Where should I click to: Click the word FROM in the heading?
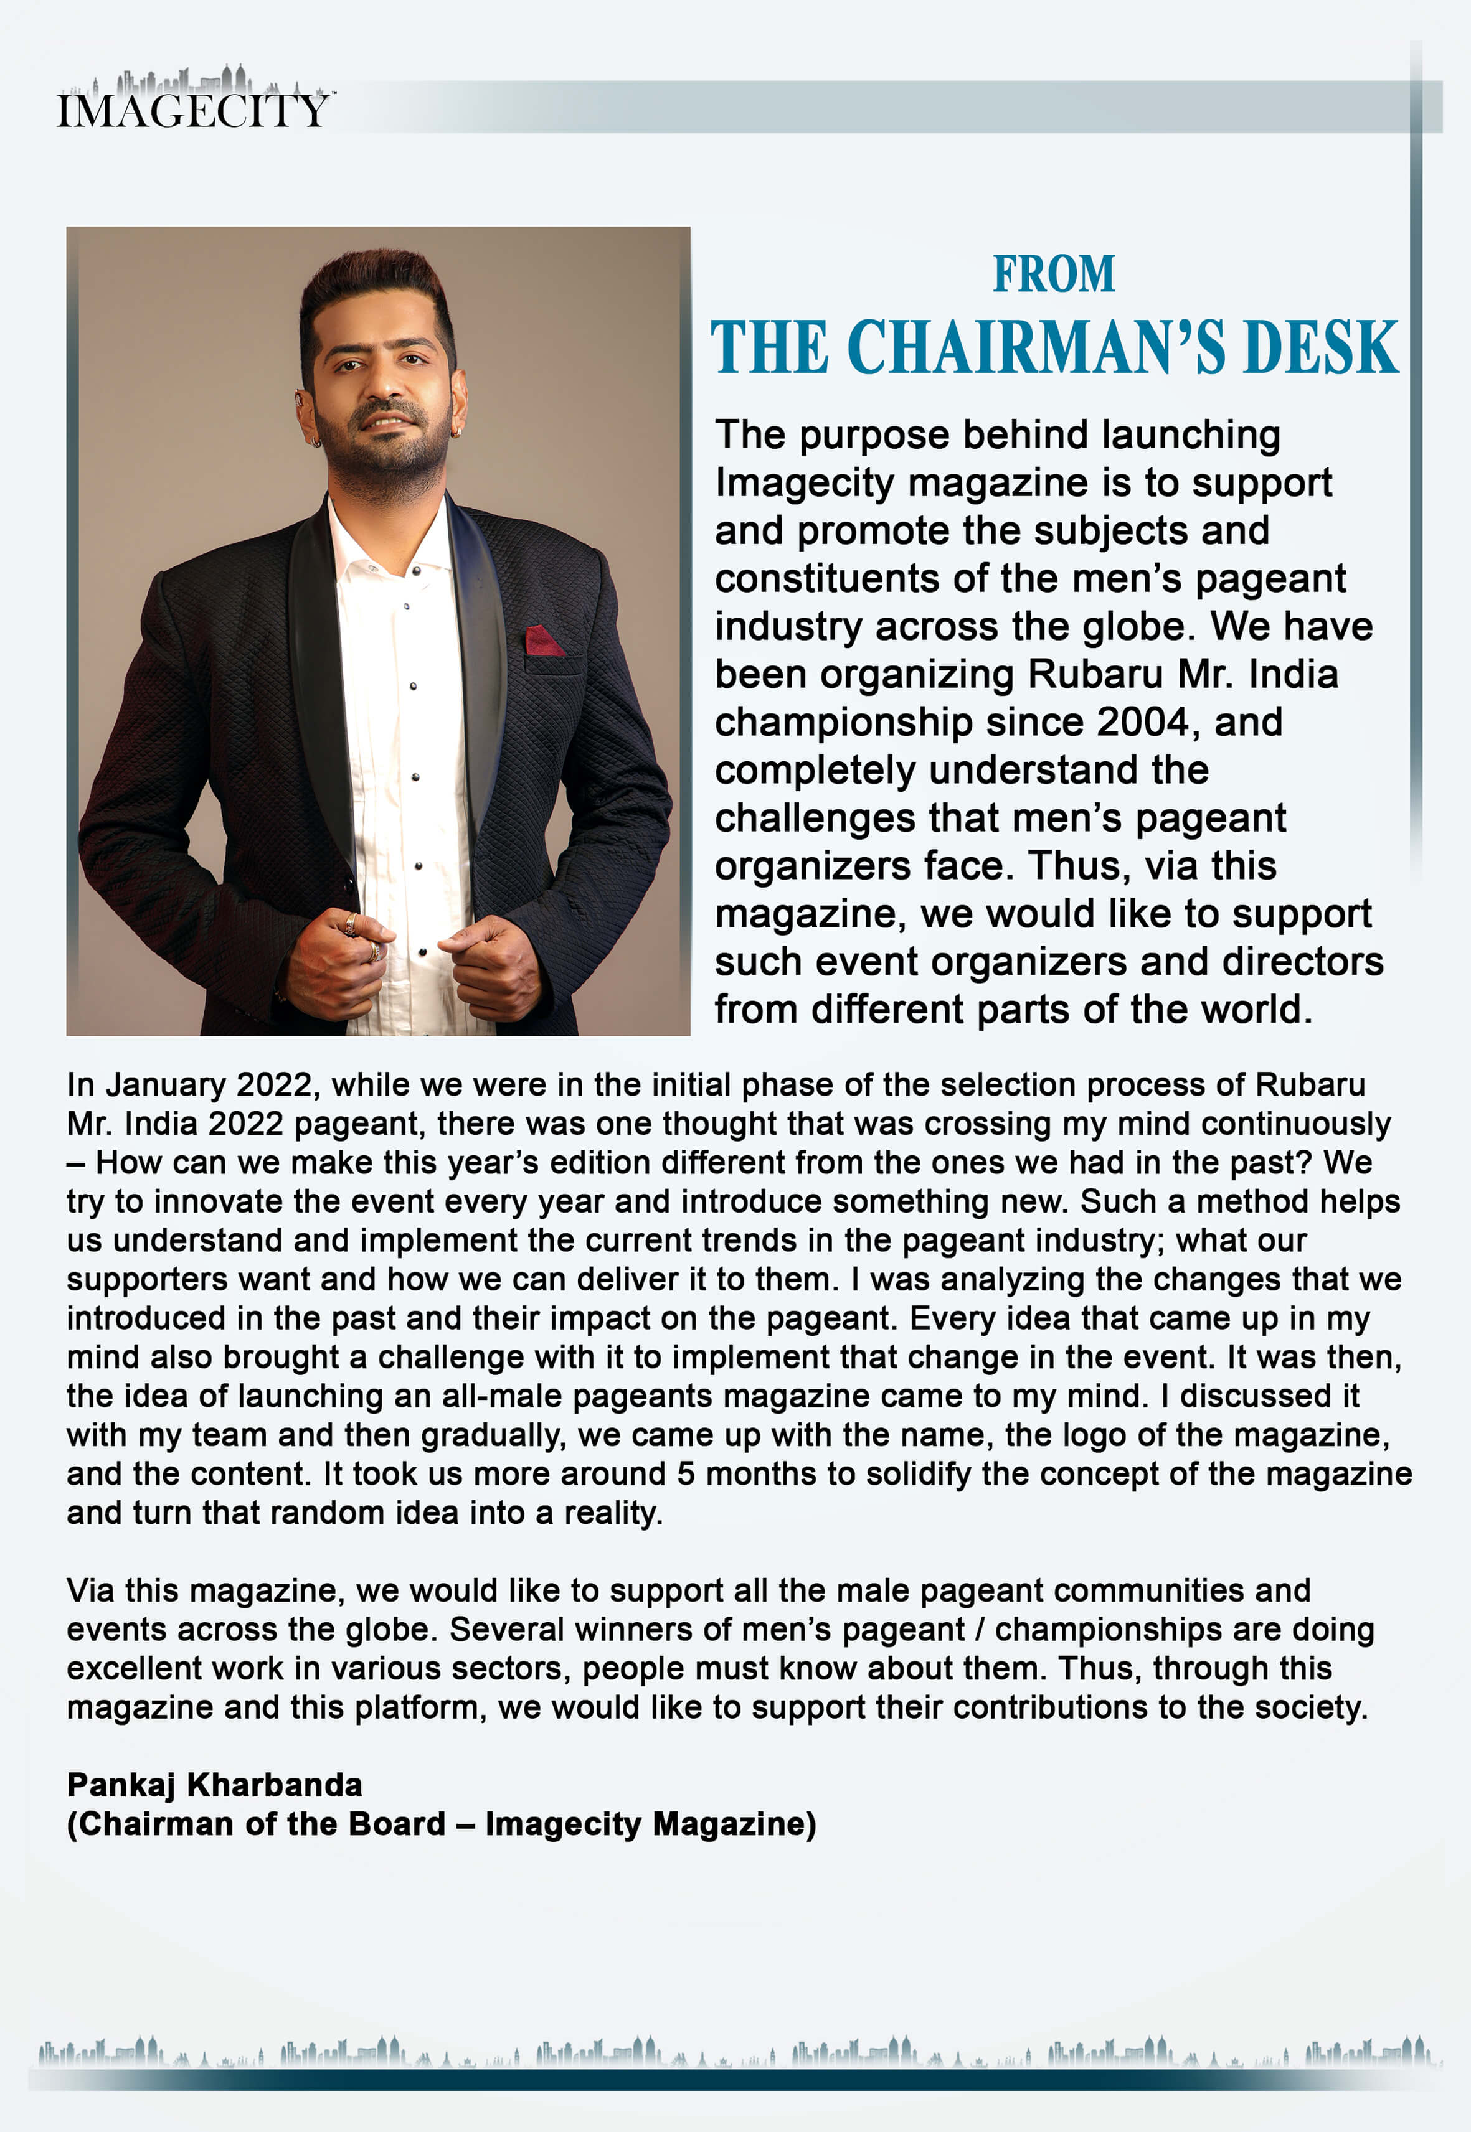click(1054, 275)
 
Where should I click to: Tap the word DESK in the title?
click(1321, 347)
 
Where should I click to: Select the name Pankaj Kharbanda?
click(215, 1785)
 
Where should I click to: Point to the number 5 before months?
click(686, 1473)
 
